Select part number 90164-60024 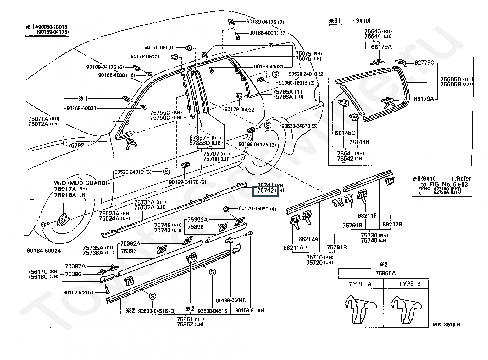[44, 251]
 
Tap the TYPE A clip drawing [360, 309]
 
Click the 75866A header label [383, 273]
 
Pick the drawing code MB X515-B [446, 325]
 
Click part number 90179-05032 [239, 110]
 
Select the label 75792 [76, 145]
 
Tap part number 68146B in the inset [359, 142]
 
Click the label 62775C [424, 63]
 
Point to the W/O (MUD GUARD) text [80, 183]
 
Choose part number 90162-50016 [78, 292]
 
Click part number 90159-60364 [250, 310]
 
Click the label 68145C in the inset [345, 133]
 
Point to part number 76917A [65, 189]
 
